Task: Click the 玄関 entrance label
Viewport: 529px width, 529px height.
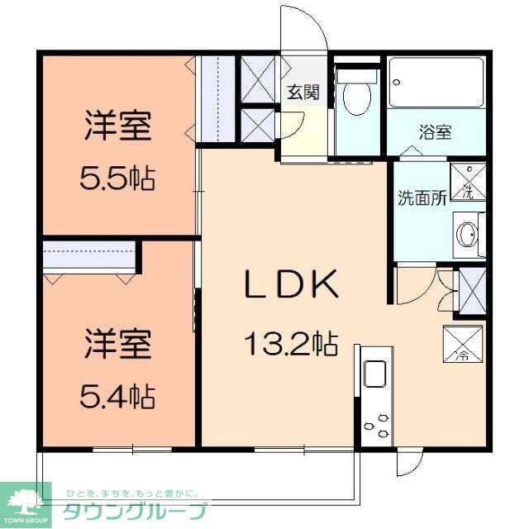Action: pos(303,92)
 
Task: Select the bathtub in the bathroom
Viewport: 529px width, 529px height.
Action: pos(436,83)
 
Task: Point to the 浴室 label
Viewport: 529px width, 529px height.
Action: pos(436,131)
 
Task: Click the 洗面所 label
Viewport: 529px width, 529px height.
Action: pos(422,198)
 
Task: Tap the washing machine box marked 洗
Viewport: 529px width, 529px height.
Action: pos(467,183)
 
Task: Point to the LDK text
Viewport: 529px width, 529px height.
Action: pos(290,286)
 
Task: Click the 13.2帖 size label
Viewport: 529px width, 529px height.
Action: pos(289,343)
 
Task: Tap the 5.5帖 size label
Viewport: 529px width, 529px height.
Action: pos(118,178)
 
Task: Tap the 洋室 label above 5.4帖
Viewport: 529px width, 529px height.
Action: pos(117,343)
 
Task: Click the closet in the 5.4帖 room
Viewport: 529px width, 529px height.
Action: pos(89,256)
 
